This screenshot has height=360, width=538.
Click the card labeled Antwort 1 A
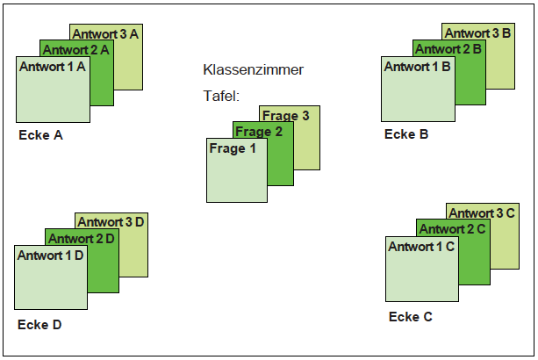(x=54, y=90)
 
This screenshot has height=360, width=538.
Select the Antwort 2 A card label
(x=75, y=50)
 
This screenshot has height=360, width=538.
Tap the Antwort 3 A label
(x=105, y=34)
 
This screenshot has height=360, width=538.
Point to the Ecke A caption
(x=41, y=135)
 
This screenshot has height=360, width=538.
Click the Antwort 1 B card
(x=419, y=89)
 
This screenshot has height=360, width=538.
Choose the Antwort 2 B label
(x=448, y=49)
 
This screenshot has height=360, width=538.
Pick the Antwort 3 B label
(x=477, y=33)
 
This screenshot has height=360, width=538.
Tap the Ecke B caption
(x=406, y=134)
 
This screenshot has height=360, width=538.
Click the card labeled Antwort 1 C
(x=422, y=269)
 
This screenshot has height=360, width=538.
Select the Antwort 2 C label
(x=452, y=229)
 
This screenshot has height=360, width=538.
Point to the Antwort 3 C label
(x=482, y=213)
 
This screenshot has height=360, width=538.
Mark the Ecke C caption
(x=411, y=317)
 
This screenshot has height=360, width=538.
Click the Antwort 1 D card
(x=51, y=277)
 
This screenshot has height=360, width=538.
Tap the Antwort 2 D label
(x=82, y=239)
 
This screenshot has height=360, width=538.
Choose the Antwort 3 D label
(x=111, y=222)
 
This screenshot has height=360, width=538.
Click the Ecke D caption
(x=39, y=325)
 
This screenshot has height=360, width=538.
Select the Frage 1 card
(x=237, y=170)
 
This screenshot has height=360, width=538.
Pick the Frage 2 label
(x=259, y=132)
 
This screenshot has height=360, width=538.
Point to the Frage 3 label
(x=286, y=116)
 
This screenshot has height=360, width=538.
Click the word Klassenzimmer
(x=254, y=69)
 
